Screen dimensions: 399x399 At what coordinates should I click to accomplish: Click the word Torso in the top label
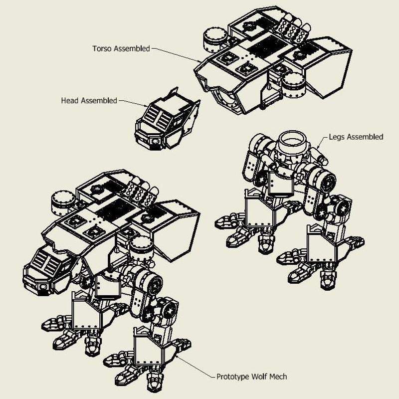pos(102,49)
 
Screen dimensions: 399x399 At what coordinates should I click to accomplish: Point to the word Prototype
pos(233,377)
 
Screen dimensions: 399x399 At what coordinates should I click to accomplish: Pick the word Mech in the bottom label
pos(277,377)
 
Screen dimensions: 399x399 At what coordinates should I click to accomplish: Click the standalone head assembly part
pos(165,122)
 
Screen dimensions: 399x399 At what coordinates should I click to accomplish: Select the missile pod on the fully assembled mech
pos(141,192)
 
